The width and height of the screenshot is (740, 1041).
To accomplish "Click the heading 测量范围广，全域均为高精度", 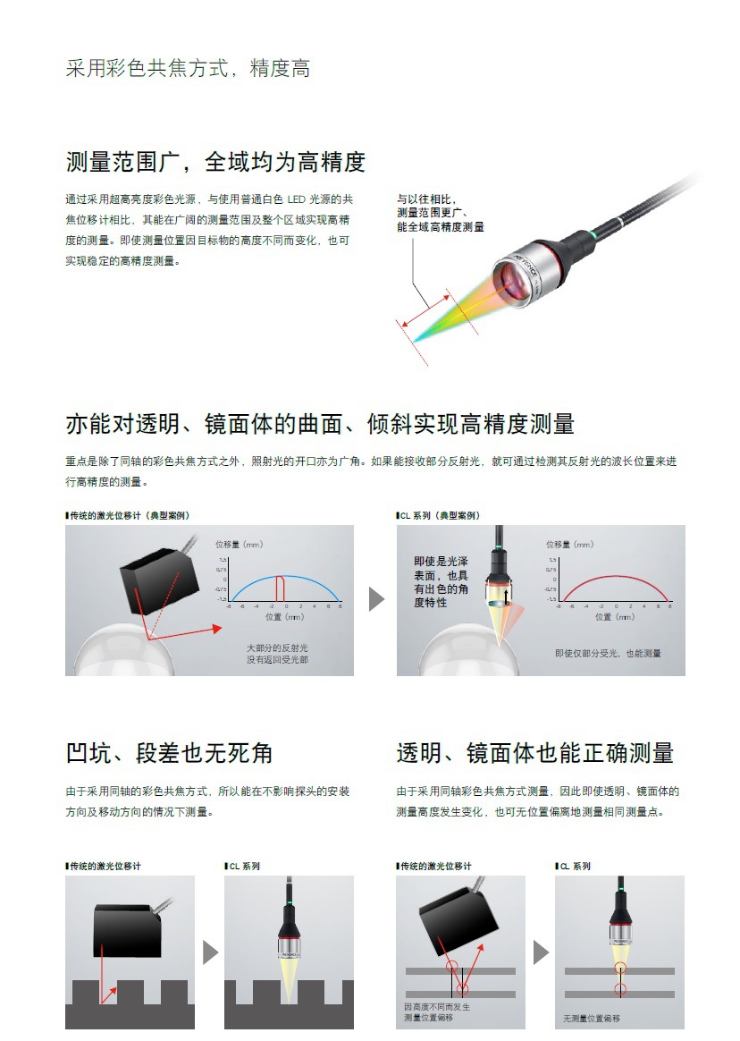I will pyautogui.click(x=215, y=162).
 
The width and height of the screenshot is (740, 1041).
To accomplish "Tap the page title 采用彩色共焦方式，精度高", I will pyautogui.click(x=188, y=69).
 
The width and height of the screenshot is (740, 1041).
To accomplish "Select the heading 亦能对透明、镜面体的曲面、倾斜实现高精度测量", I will pyautogui.click(x=319, y=423).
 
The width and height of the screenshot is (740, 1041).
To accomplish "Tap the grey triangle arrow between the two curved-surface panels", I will pyautogui.click(x=376, y=599).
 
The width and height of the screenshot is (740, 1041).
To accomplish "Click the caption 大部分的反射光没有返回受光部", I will pyautogui.click(x=277, y=653).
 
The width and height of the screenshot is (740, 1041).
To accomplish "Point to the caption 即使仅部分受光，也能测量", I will pyautogui.click(x=609, y=654).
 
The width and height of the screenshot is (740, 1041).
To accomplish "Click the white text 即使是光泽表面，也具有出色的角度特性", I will pyautogui.click(x=441, y=582).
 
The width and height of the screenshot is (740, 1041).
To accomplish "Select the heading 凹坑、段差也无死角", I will pyautogui.click(x=169, y=753).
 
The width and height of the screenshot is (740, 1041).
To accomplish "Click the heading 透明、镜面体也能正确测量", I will pyautogui.click(x=534, y=753).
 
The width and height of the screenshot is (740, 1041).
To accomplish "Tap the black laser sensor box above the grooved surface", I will pyautogui.click(x=128, y=930).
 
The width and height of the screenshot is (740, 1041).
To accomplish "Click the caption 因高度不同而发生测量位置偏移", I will pyautogui.click(x=437, y=1011).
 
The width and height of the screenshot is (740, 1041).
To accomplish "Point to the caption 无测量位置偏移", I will pyautogui.click(x=592, y=1019).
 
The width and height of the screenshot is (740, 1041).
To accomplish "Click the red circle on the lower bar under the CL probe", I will pyautogui.click(x=620, y=989).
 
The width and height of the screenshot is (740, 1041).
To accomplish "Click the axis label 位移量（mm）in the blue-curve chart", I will pyautogui.click(x=240, y=544).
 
